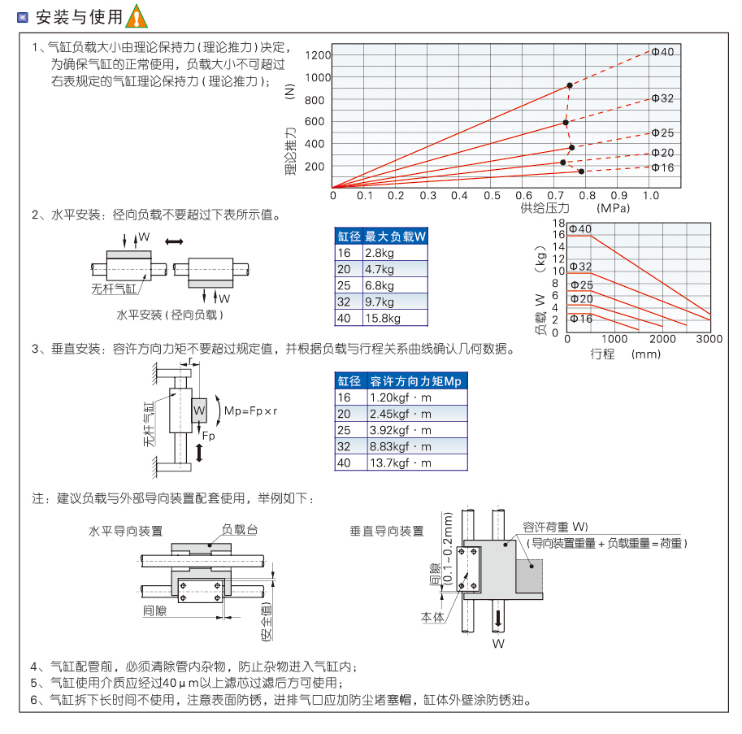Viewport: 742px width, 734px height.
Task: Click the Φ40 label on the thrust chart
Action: [662, 52]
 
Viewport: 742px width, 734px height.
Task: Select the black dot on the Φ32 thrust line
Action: [566, 123]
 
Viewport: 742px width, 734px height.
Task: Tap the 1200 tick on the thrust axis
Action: [319, 55]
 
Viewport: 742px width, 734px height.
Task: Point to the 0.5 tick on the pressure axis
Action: [492, 196]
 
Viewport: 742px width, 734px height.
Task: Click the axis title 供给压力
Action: [546, 208]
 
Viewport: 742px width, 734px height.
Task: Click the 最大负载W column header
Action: [395, 237]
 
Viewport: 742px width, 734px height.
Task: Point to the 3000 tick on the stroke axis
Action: [709, 339]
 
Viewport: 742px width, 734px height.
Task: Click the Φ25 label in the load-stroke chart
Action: [581, 284]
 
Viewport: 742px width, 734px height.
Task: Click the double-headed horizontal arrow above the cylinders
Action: [174, 241]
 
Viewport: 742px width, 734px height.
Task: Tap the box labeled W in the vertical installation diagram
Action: [199, 410]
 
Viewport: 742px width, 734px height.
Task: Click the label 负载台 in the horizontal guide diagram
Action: [241, 530]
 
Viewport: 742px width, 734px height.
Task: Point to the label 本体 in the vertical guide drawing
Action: [432, 617]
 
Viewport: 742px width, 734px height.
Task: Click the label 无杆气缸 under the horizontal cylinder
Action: [115, 287]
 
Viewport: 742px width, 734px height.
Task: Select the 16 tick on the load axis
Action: [558, 234]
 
